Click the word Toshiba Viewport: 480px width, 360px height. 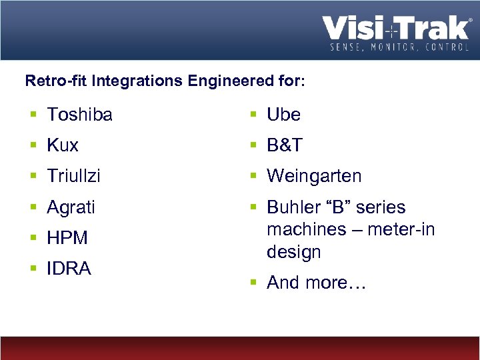79,115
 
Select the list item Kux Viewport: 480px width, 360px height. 63,145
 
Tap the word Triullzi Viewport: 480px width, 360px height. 73,176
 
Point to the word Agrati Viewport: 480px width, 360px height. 71,207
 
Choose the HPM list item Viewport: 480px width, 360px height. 67,238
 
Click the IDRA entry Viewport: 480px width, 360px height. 69,269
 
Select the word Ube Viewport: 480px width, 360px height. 283,115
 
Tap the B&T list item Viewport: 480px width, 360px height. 285,145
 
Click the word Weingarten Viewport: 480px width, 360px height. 314,176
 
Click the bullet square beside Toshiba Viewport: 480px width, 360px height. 33,115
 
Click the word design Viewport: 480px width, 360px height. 293,252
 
